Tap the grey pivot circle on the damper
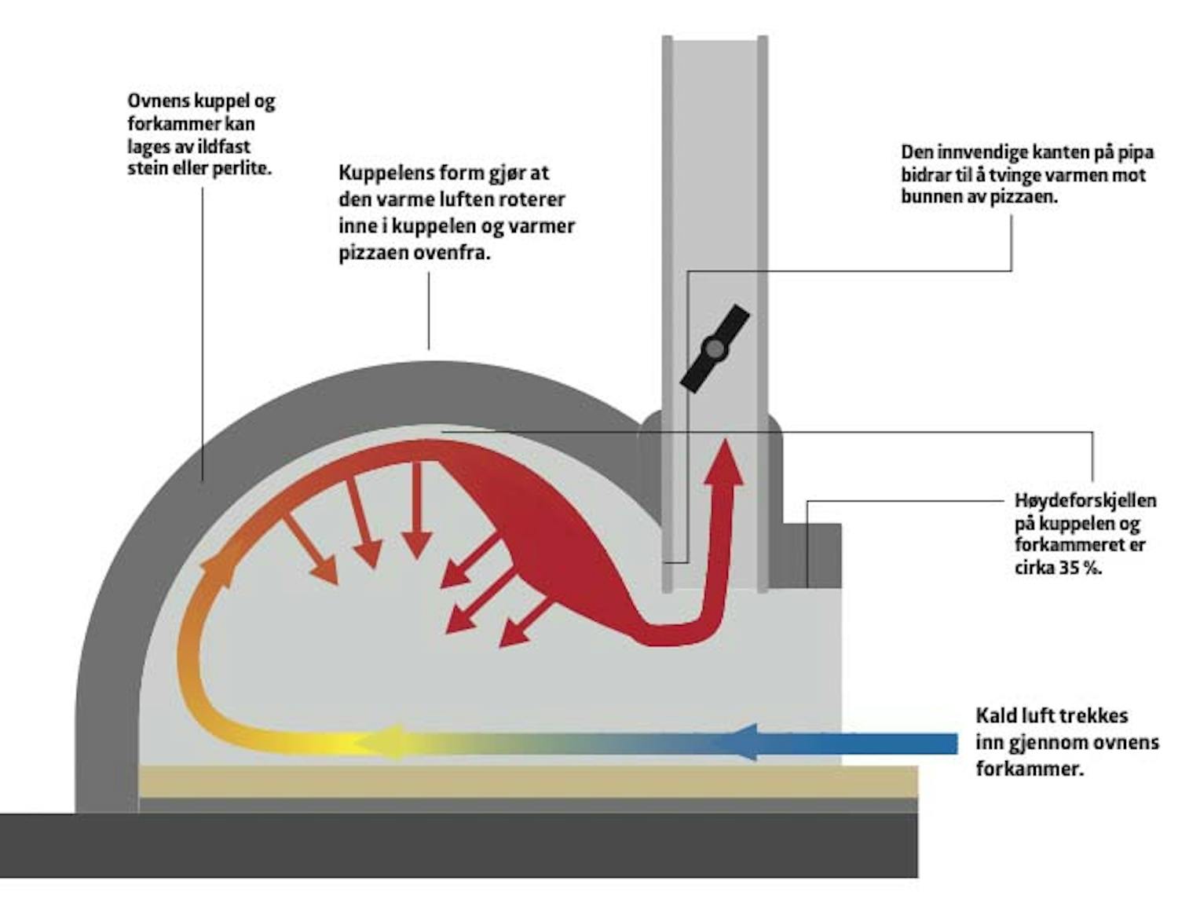714,348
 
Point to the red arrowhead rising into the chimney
725,463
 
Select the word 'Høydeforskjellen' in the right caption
1085,500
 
